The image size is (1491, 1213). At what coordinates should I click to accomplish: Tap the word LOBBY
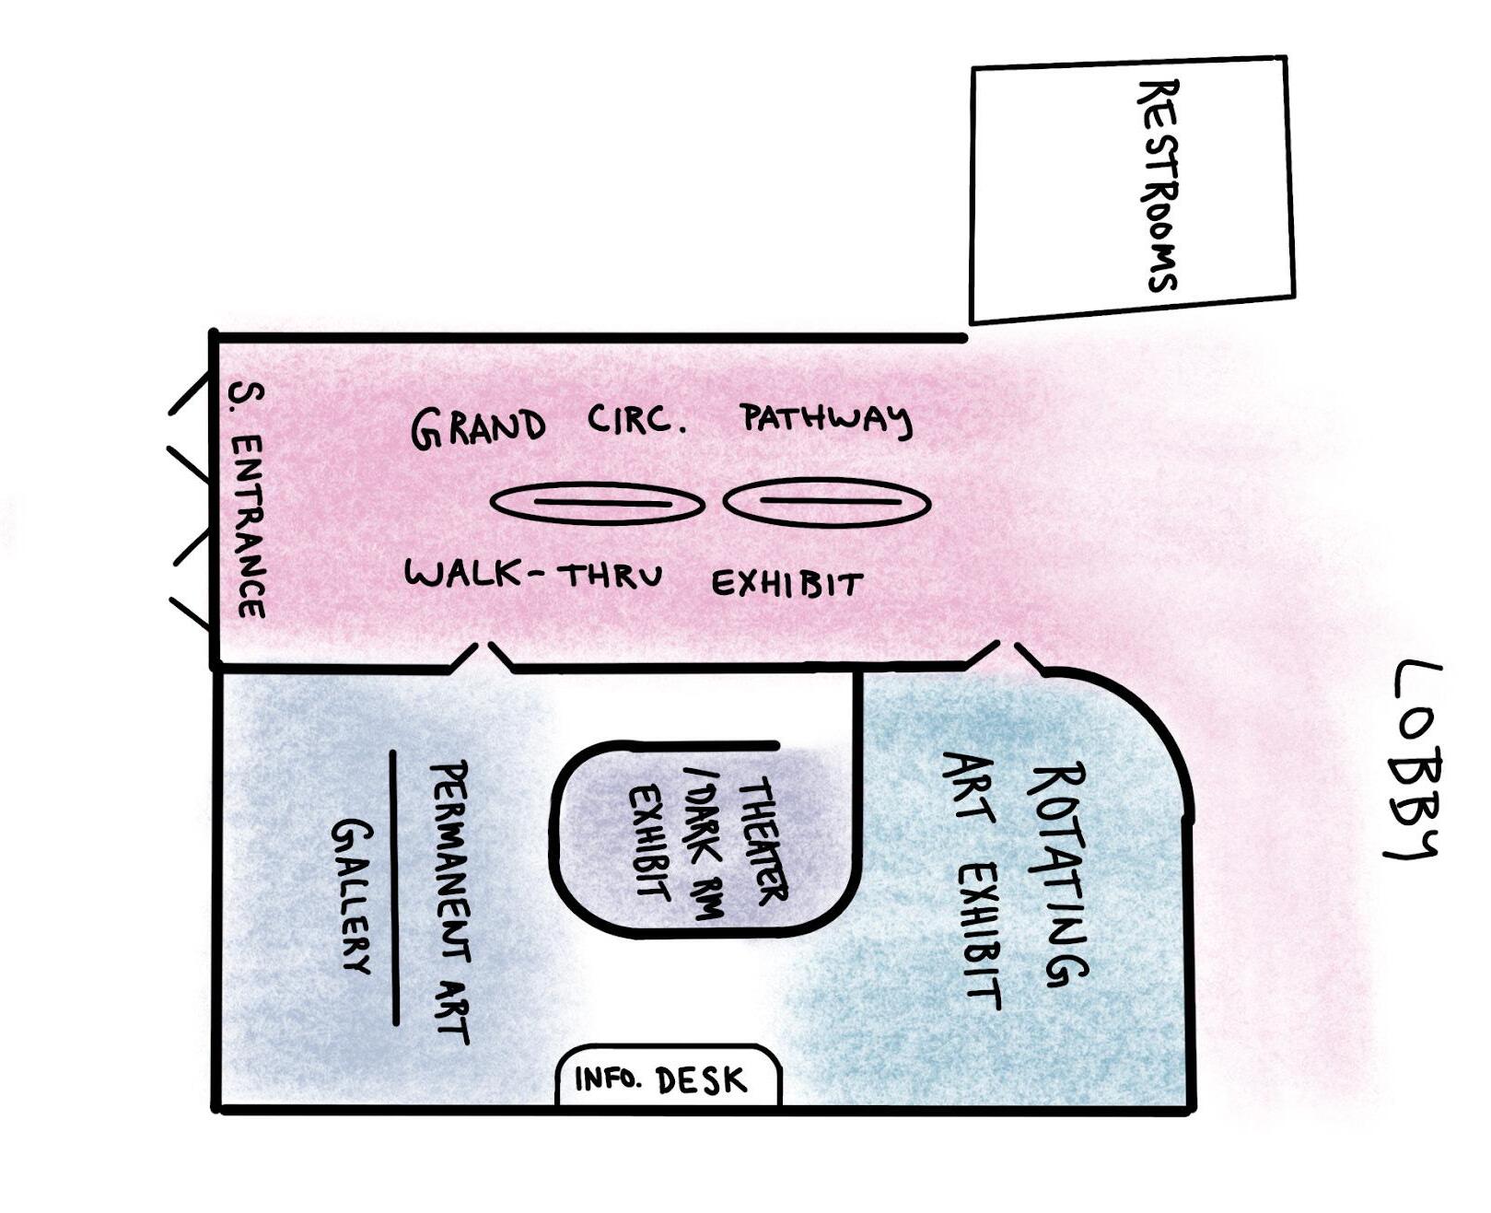click(1415, 760)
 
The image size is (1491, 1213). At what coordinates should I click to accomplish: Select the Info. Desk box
click(668, 1078)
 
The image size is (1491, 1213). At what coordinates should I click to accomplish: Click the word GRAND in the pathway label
click(477, 428)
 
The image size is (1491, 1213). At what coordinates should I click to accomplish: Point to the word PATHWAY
click(826, 422)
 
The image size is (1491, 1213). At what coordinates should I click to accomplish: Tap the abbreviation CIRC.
click(636, 422)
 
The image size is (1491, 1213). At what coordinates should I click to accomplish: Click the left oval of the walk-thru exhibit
click(597, 504)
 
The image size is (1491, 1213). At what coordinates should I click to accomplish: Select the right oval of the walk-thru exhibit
click(826, 502)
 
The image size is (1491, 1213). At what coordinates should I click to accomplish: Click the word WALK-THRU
click(533, 576)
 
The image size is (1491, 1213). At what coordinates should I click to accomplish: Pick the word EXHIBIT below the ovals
click(787, 584)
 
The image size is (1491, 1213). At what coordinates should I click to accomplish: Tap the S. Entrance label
click(247, 500)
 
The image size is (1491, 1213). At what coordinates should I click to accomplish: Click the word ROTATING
click(1057, 875)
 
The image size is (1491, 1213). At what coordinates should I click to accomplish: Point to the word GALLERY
click(351, 895)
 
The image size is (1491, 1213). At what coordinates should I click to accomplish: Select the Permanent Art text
click(451, 901)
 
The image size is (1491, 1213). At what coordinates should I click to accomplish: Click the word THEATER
click(762, 839)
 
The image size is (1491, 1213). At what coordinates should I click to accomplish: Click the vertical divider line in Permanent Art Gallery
click(394, 886)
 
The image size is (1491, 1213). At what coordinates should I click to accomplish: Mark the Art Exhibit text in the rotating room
click(973, 881)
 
